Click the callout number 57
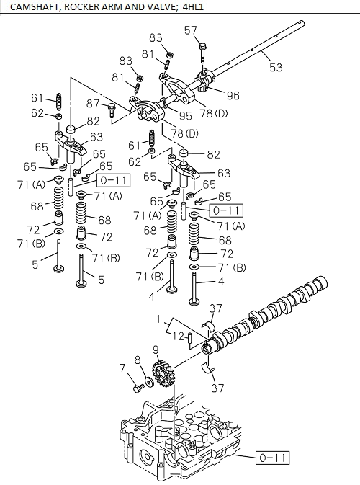191,30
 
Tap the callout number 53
276,67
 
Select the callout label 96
233,95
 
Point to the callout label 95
186,115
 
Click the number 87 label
94,105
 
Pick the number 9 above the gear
155,351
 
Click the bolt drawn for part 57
202,50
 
